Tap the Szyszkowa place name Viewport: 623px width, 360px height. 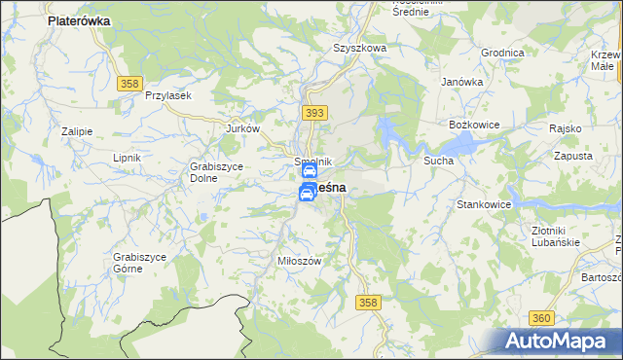[360, 47]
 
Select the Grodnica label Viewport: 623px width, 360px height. [502, 53]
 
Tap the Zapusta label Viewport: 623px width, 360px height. [571, 155]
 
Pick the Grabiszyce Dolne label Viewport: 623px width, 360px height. [209, 158]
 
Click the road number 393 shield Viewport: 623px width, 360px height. [312, 114]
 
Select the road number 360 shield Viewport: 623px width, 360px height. [542, 318]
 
